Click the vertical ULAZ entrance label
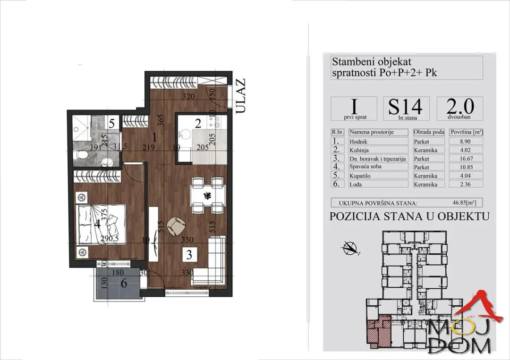click(x=241, y=97)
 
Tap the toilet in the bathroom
click(x=81, y=155)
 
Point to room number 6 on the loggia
click(x=124, y=284)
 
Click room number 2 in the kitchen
click(x=198, y=124)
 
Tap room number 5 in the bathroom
click(x=111, y=124)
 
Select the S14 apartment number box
click(x=405, y=109)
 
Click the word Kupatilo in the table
click(x=361, y=176)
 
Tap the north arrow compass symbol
click(x=350, y=246)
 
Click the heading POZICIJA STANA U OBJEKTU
click(x=409, y=217)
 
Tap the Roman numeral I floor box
click(x=354, y=109)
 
